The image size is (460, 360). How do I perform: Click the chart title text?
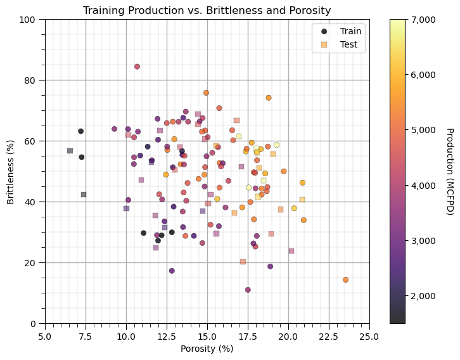207,10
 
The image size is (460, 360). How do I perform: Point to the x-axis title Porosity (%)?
207,349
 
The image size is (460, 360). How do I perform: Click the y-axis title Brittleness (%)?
10,171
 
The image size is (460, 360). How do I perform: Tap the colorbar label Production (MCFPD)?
449,171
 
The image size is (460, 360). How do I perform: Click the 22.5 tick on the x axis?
329,334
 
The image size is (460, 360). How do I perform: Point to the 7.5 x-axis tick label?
86,334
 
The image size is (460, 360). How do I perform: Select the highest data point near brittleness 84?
137,67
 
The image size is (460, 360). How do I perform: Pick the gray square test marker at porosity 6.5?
70,151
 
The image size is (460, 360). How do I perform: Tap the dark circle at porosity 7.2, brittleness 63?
80,131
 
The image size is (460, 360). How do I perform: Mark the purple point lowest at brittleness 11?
248,290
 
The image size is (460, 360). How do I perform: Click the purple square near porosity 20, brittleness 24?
291,251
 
